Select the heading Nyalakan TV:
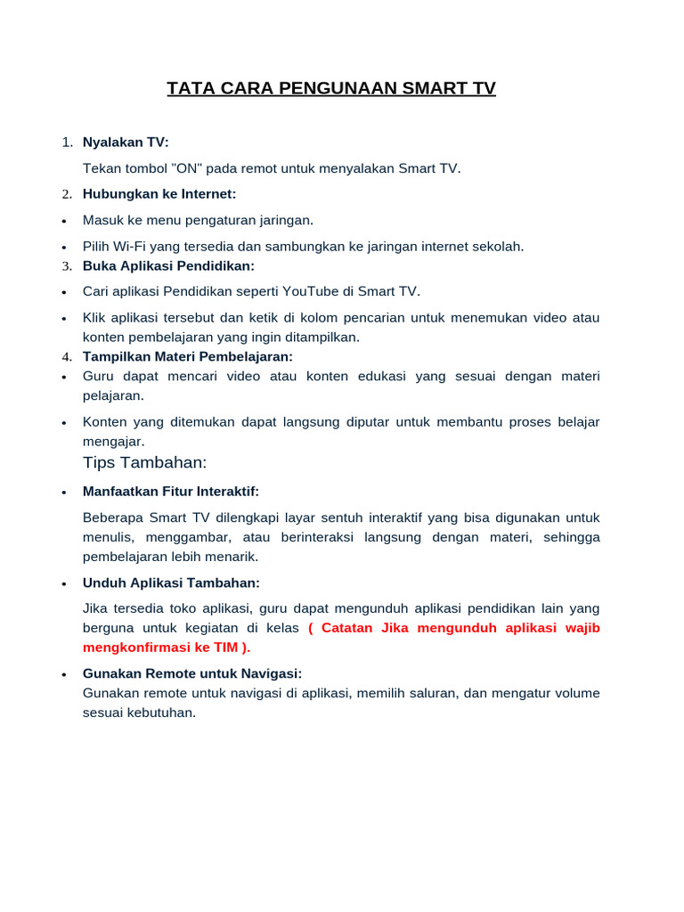(126, 142)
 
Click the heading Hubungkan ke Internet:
(159, 194)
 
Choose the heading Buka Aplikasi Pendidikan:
(168, 266)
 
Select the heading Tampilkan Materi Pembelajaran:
(187, 356)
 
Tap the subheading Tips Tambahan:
(144, 462)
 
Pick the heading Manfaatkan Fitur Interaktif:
(171, 492)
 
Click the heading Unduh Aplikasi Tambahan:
(171, 582)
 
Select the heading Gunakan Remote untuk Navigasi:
(192, 673)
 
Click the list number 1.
(66, 142)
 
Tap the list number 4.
(66, 357)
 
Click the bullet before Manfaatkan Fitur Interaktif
(64, 493)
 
